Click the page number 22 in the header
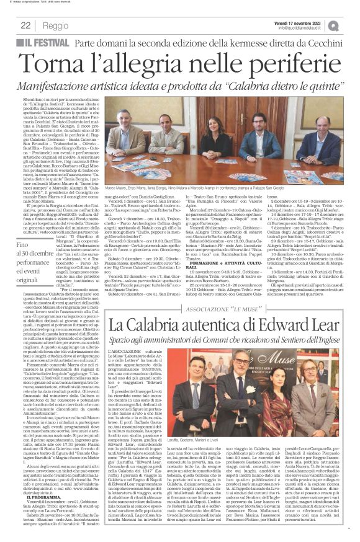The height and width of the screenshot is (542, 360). (26, 25)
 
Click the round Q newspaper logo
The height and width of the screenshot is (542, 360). (351, 25)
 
